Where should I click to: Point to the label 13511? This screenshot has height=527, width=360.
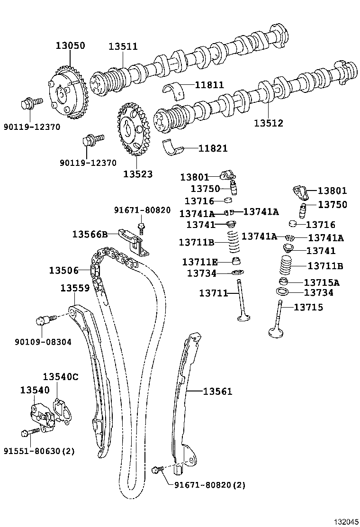point(123,46)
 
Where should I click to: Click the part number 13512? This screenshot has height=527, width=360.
point(268,123)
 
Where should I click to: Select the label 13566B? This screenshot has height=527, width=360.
point(90,234)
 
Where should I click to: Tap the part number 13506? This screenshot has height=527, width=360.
point(63,270)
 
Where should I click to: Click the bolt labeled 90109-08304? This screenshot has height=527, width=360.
point(44,320)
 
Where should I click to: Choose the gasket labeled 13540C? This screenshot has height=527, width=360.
point(62,409)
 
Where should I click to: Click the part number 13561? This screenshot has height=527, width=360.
point(217,391)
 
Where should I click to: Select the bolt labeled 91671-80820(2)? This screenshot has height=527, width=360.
point(156,470)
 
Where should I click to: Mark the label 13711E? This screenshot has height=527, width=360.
point(200,262)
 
